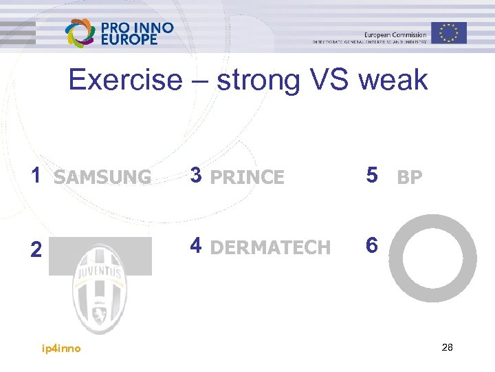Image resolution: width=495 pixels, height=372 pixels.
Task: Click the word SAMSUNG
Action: tap(102, 178)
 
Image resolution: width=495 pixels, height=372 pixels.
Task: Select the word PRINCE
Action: tap(247, 178)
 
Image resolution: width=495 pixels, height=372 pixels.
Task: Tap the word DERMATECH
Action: tap(270, 248)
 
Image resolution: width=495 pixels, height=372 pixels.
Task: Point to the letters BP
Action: tap(410, 178)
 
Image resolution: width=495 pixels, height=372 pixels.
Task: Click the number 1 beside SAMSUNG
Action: tap(36, 176)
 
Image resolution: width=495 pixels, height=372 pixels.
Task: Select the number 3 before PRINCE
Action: tap(196, 176)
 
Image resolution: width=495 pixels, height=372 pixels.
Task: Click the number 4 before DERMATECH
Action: tap(196, 245)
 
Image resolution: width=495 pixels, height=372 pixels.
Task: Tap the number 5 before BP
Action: tap(372, 176)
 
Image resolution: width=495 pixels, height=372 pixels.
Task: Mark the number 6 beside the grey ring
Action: tap(372, 245)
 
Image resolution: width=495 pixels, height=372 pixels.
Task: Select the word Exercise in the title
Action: tap(124, 81)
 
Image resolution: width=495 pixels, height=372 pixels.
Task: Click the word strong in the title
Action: tap(258, 81)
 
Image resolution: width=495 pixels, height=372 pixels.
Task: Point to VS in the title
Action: tap(329, 81)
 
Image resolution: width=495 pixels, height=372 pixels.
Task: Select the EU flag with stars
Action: tap(449, 32)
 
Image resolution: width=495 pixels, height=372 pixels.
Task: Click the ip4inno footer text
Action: tap(61, 349)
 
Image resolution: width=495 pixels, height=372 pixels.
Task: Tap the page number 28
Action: tap(447, 347)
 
